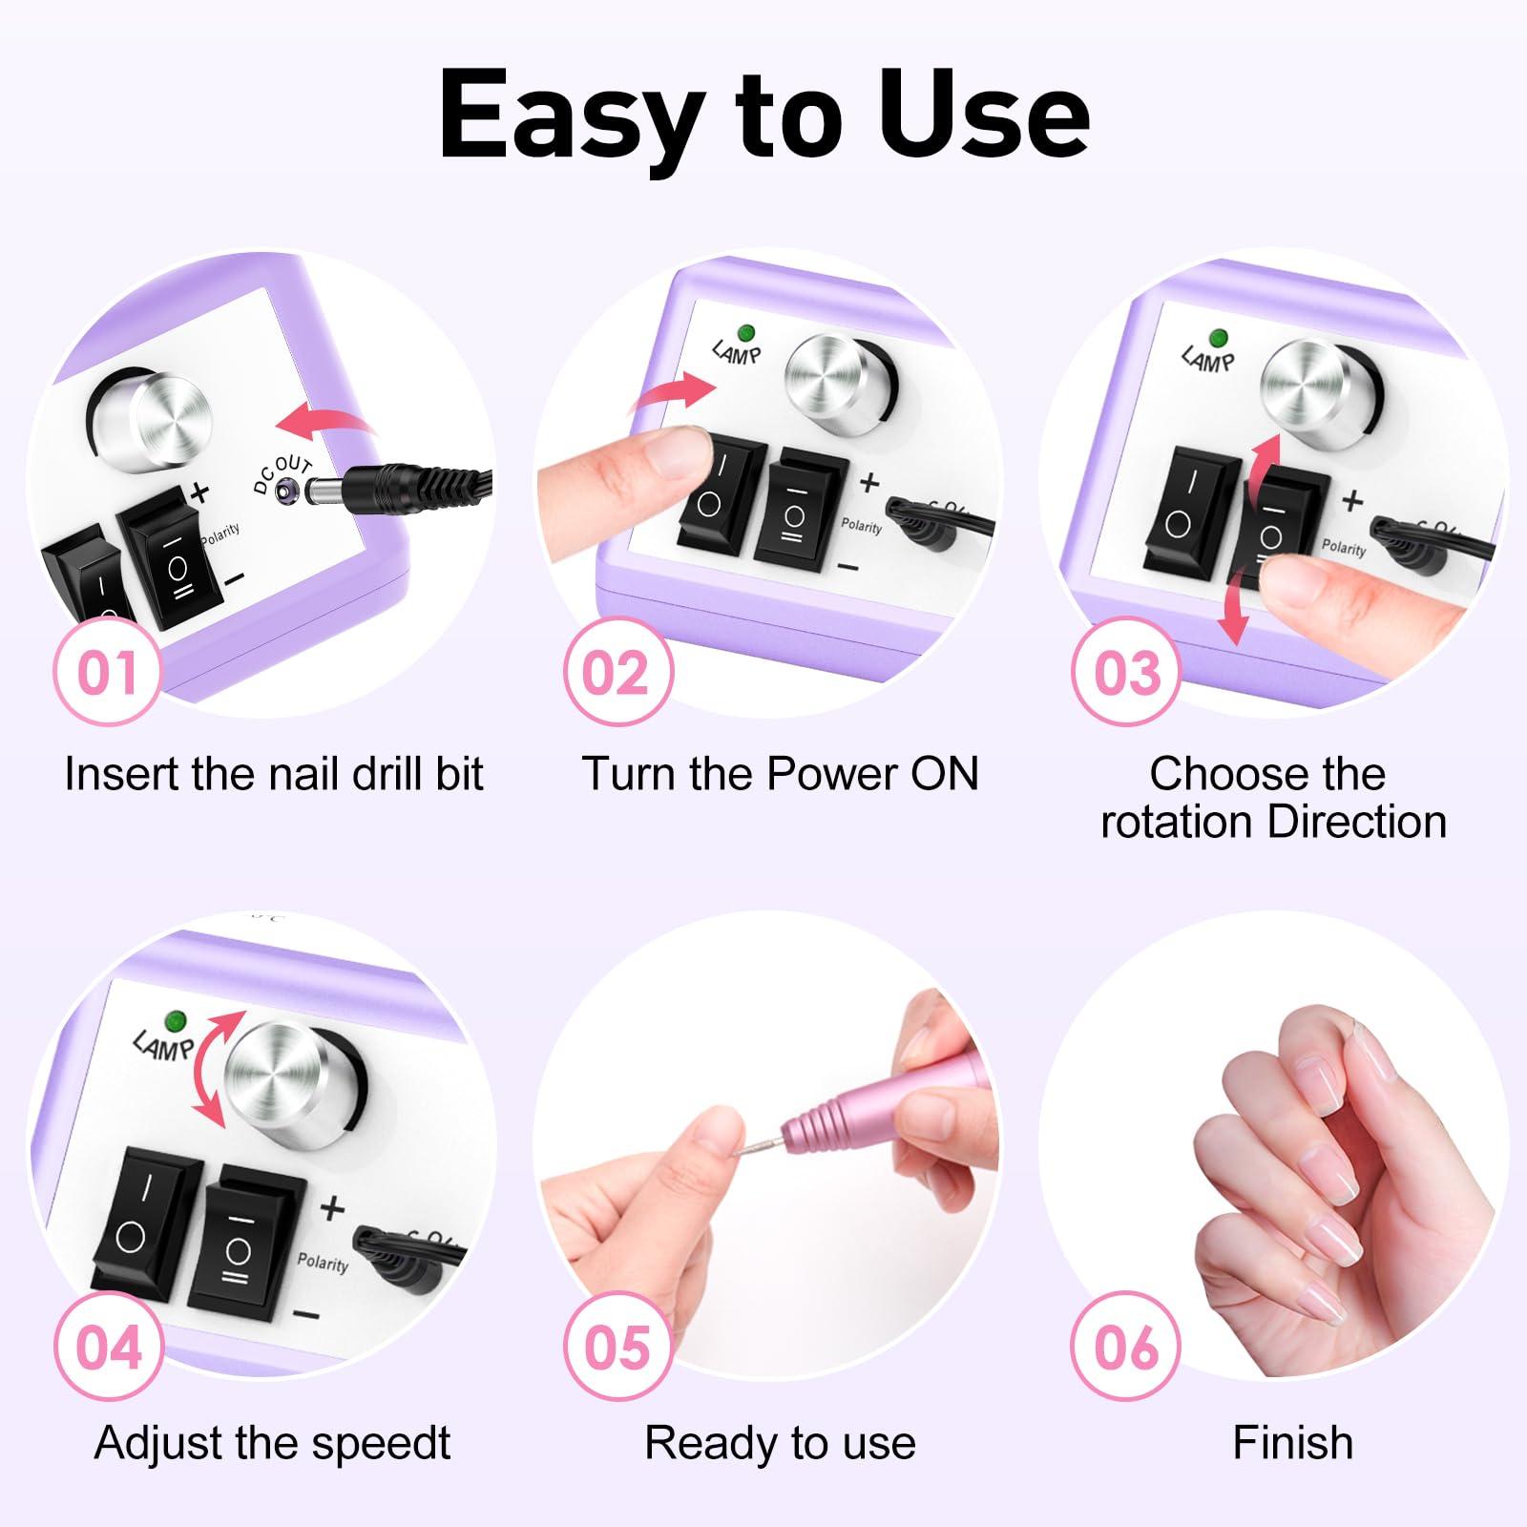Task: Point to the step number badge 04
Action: click(x=107, y=1347)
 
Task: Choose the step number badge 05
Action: click(x=617, y=1347)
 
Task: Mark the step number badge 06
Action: click(x=1126, y=1347)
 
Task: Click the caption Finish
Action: click(x=1292, y=1442)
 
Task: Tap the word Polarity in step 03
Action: click(x=1344, y=548)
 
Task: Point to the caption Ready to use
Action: click(x=780, y=1442)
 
